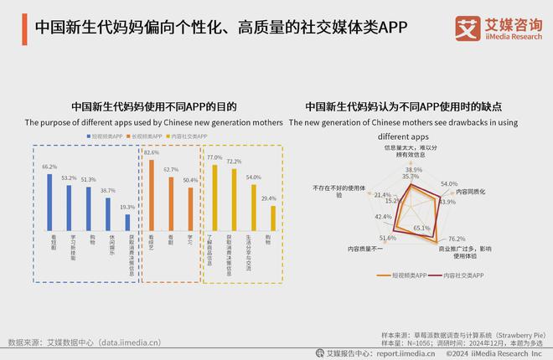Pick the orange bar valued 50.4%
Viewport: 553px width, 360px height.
190,208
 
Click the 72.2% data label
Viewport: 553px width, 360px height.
235,162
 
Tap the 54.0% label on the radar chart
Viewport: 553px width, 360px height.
449,183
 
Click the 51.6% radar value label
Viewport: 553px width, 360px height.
388,239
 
